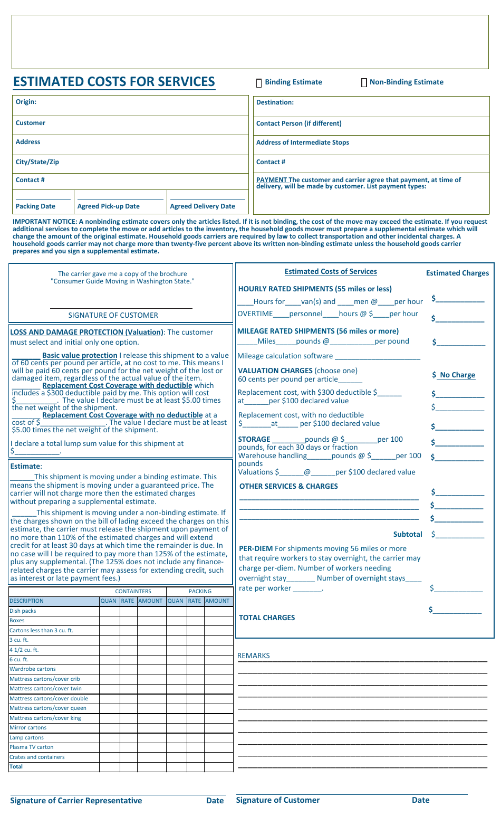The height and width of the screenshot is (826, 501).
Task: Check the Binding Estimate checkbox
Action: coord(259,83)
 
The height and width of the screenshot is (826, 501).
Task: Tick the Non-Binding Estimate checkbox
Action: coord(364,83)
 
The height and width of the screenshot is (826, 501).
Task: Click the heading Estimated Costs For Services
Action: coord(114,82)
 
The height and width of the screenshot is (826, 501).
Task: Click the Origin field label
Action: coord(26,102)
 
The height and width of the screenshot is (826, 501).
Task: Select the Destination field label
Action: coord(275,102)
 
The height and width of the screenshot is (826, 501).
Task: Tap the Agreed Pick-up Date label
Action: coord(108,206)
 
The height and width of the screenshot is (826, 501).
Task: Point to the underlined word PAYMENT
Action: coord(271,180)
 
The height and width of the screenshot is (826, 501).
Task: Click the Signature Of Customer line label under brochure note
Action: coord(113,315)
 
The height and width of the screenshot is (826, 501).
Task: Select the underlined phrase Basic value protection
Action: coord(80,355)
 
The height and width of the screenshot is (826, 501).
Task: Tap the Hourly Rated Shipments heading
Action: coord(315,289)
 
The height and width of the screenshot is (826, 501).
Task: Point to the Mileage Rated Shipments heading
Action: coord(318,331)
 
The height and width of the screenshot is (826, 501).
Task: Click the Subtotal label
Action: coord(408,534)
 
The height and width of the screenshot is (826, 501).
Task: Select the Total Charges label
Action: coord(267,618)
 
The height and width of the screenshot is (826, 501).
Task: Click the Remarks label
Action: coord(253,656)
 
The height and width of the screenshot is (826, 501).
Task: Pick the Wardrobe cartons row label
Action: coord(33,669)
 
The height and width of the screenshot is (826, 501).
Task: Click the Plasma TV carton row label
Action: coord(32,747)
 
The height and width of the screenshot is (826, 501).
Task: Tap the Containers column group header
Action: coord(133,591)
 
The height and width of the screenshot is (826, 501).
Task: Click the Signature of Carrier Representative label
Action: coord(76,801)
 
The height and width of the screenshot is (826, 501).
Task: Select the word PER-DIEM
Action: coord(256,548)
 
